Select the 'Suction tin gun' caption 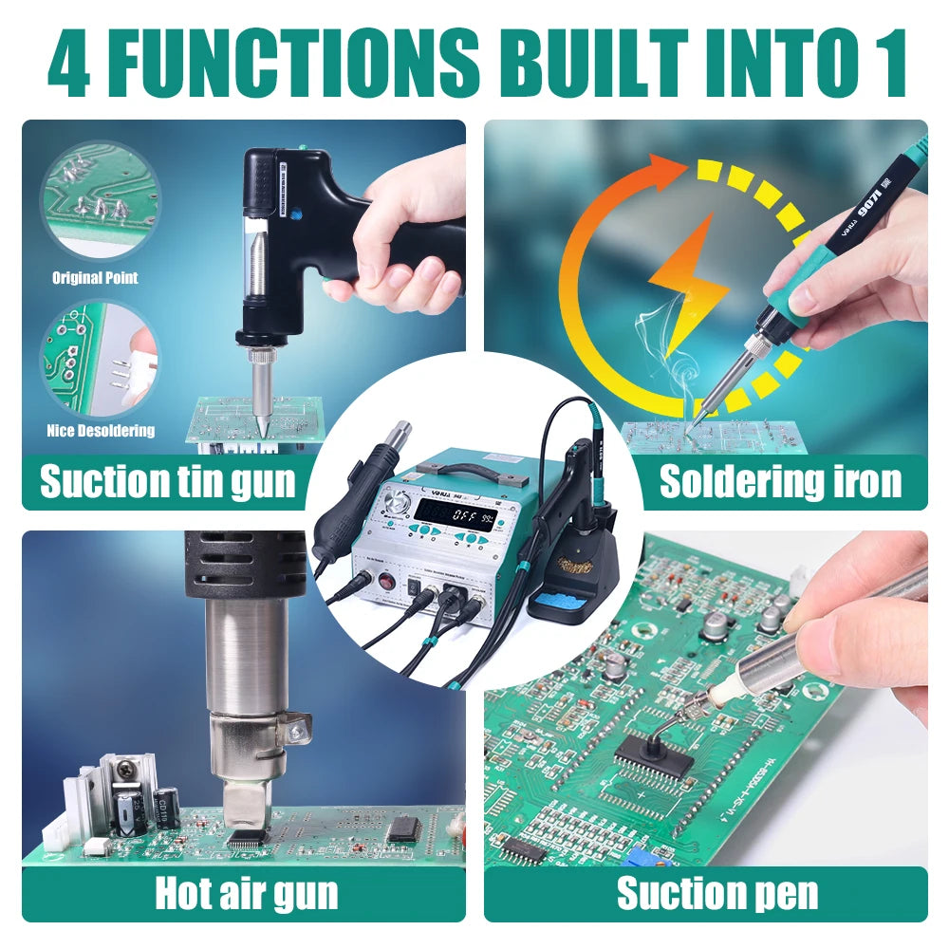(x=166, y=482)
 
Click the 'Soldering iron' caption (x=780, y=482)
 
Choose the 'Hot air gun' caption (x=246, y=893)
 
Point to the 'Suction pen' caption (x=716, y=893)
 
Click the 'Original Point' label (x=94, y=278)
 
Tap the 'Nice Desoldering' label (x=101, y=431)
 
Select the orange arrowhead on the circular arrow (x=669, y=172)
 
